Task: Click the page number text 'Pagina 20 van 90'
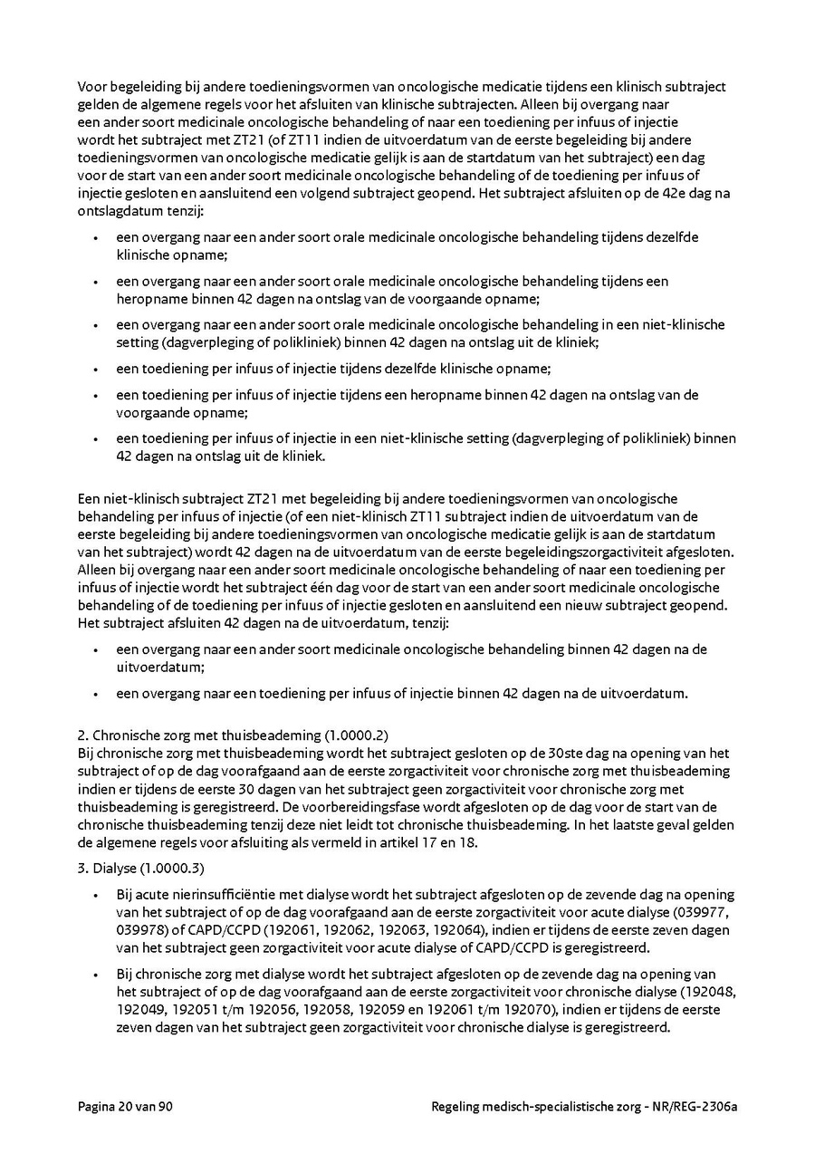pyautogui.click(x=125, y=1106)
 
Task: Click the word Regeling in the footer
pyautogui.click(x=456, y=1106)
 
